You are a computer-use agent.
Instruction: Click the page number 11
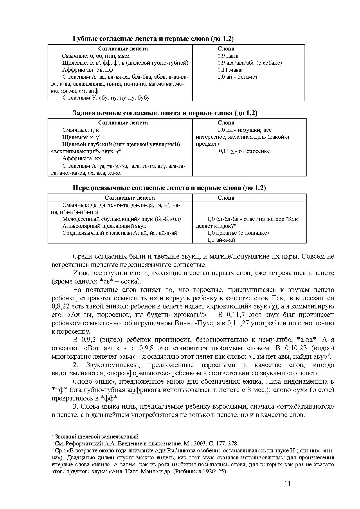287,484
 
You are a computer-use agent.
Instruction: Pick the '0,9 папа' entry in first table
228,56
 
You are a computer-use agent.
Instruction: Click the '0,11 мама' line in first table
230,70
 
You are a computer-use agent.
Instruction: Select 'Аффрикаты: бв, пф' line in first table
88,70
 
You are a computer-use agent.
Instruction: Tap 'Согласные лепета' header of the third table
130,198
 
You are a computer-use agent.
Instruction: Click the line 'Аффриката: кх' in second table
82,158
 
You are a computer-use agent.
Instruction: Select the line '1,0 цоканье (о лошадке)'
238,233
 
